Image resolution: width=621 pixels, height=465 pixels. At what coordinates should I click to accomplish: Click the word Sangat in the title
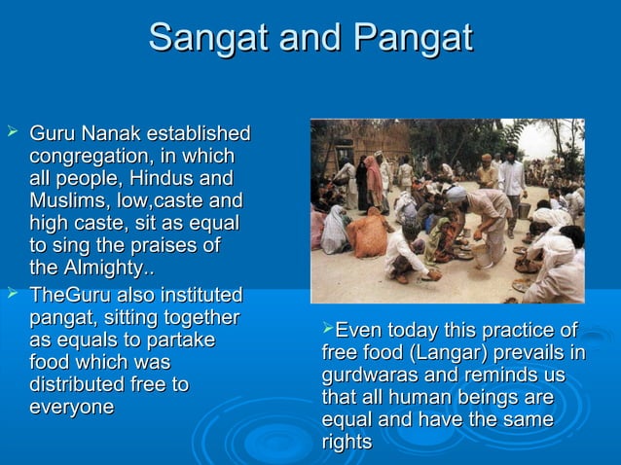(x=206, y=38)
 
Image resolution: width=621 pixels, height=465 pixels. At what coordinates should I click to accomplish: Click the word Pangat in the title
(x=414, y=38)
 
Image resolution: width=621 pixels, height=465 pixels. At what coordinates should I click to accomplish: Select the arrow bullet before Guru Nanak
(x=11, y=131)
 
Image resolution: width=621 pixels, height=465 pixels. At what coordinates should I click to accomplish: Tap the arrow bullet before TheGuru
(x=11, y=294)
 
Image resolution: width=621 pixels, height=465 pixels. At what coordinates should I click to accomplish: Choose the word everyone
(x=72, y=407)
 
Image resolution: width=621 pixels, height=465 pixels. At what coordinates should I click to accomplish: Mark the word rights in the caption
(x=347, y=442)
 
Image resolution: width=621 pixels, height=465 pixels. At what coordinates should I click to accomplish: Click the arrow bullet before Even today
(x=327, y=329)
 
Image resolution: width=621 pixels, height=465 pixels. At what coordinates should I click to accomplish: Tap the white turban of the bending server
(x=456, y=194)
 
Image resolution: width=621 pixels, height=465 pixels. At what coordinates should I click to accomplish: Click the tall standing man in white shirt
(x=511, y=185)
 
